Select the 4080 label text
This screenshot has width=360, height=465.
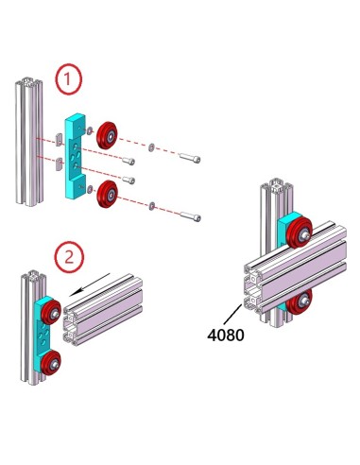pos(224,335)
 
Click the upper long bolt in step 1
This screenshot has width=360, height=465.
pos(189,157)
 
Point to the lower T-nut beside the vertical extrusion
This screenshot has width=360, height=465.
pos(58,166)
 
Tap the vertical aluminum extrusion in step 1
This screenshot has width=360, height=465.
pos(26,142)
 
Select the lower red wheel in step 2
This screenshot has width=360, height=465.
pos(50,359)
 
